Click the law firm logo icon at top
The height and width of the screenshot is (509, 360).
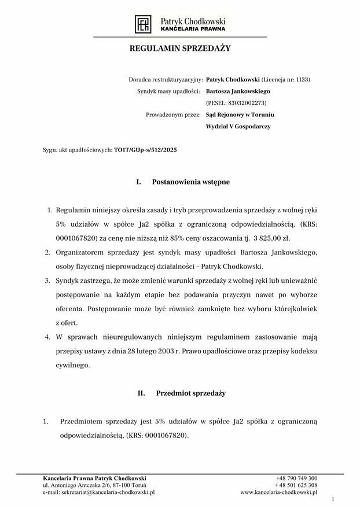tap(142, 24)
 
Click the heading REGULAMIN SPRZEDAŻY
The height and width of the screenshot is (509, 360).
tap(179, 49)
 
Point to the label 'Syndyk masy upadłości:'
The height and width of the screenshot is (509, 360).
tap(168, 91)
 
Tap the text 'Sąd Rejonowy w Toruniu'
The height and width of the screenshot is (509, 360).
tap(236, 115)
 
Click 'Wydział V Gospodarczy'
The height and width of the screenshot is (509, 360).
tap(238, 126)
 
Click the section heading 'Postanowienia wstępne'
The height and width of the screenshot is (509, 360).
tap(190, 182)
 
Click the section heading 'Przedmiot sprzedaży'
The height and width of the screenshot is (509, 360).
tap(190, 393)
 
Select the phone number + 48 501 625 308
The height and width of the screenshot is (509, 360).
tap(296, 485)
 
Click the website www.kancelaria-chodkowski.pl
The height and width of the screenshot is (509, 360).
tap(279, 492)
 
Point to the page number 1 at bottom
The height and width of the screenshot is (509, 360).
tap(333, 499)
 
